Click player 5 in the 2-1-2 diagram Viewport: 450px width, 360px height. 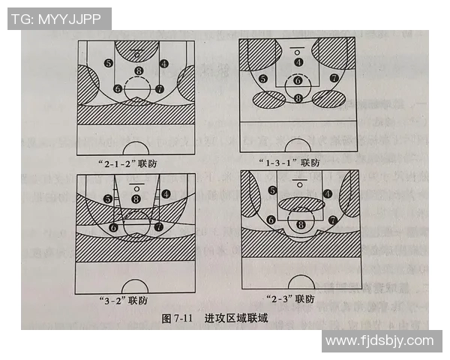pos(109,63)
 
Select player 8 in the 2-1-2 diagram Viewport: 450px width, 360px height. pos(138,71)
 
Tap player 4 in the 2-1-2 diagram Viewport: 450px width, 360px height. pos(164,63)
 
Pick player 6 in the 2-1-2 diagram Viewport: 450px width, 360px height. pos(118,88)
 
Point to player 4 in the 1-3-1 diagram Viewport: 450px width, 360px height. pos(298,62)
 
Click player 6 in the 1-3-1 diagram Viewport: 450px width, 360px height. pos(298,80)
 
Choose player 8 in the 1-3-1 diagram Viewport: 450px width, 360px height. pos(298,97)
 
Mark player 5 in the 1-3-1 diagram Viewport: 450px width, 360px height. pos(262,79)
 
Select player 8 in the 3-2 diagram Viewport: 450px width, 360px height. pos(136,198)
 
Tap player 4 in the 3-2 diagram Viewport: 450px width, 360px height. pos(165,193)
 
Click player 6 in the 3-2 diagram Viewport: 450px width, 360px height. pos(114,226)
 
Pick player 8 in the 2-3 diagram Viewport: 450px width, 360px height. pos(301,223)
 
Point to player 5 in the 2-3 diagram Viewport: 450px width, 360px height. pos(273,190)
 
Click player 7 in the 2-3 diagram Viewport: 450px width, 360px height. pos(331,220)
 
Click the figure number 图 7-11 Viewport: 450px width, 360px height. pos(178,318)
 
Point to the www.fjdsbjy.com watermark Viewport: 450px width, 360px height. pos(380,340)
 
